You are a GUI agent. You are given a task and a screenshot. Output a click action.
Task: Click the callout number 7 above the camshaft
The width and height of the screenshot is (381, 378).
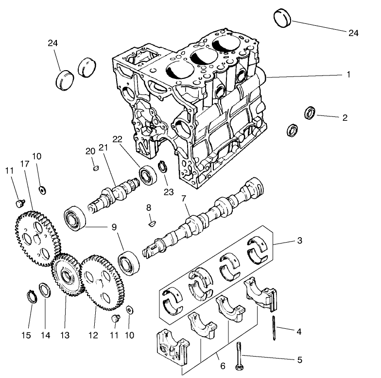(x=184, y=199)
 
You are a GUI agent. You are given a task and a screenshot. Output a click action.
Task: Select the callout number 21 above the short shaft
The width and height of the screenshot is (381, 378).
(x=103, y=148)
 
